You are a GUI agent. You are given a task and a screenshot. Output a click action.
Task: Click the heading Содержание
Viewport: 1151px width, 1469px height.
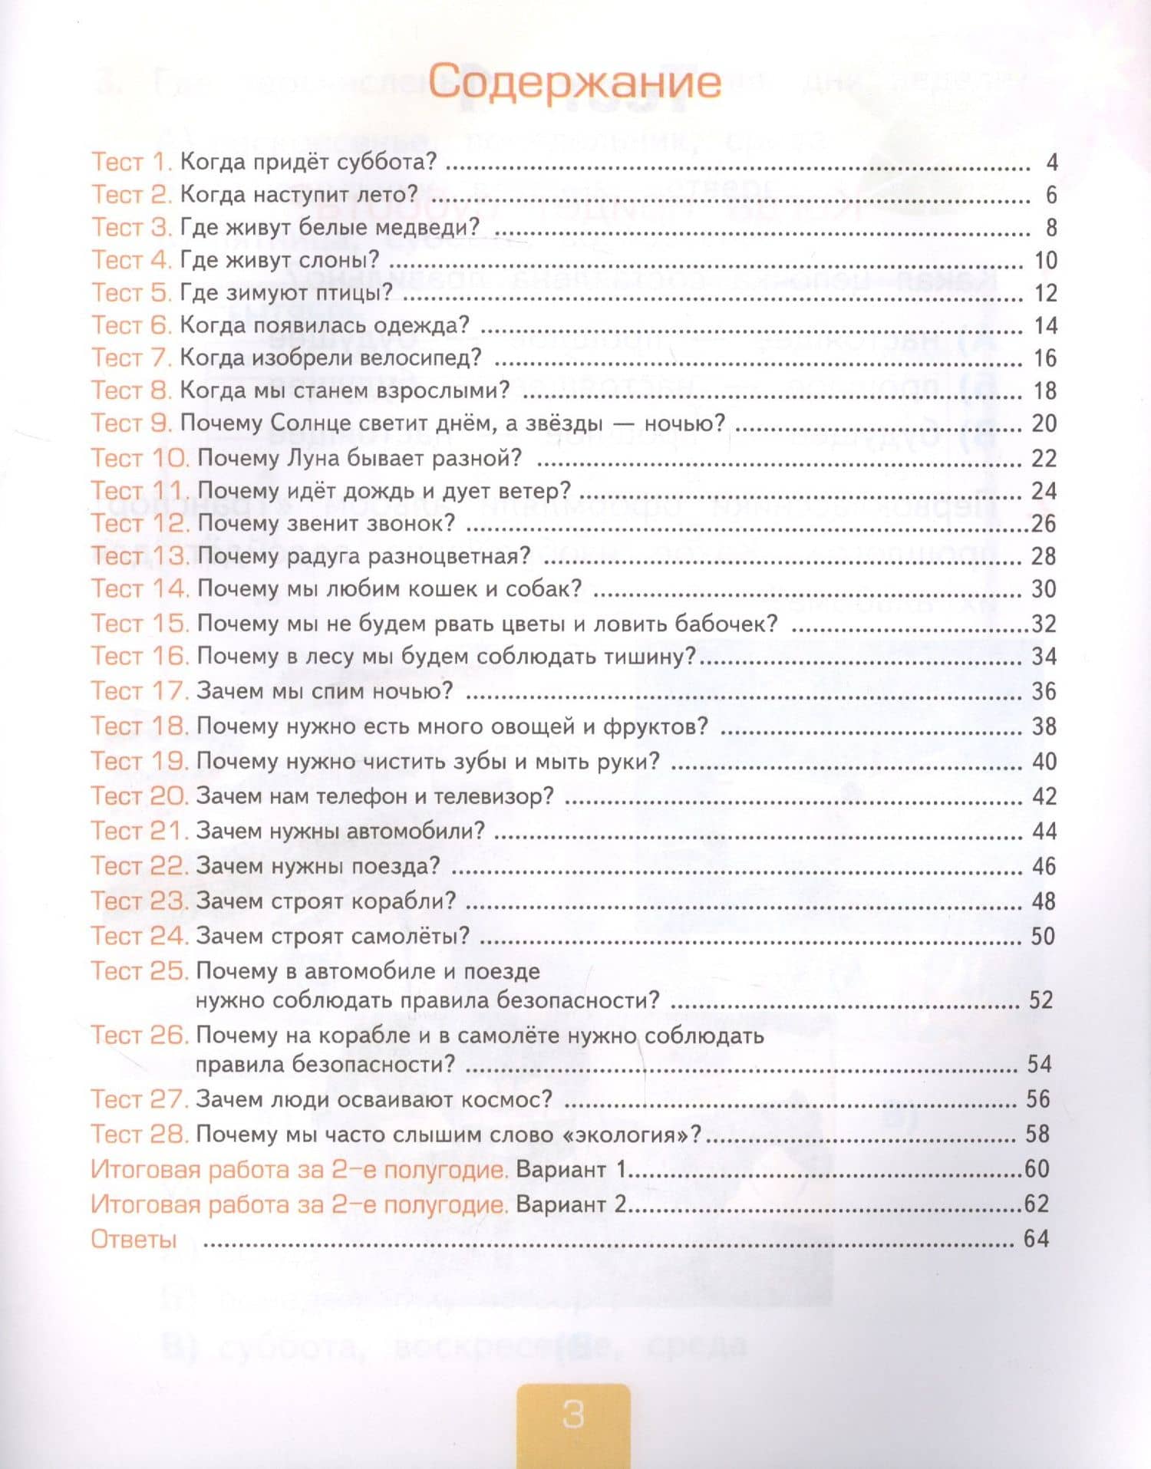tap(574, 82)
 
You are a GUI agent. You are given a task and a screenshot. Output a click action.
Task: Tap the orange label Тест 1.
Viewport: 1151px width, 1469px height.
tap(130, 163)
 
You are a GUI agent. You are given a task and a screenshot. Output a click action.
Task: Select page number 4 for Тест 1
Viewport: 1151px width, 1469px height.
tap(1051, 163)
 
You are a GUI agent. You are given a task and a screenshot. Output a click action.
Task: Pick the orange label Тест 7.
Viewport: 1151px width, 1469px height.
tap(130, 358)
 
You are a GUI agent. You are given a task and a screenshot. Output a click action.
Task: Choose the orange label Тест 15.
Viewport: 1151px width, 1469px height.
tap(139, 623)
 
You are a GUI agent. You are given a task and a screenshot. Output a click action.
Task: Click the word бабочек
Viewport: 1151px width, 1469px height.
tap(726, 624)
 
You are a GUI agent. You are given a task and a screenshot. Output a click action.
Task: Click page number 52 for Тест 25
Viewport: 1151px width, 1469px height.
tap(1041, 1000)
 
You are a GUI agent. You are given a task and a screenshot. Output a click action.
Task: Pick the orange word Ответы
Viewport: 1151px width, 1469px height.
tap(134, 1239)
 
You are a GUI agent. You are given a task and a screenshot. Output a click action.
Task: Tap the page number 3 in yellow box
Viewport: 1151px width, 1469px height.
tap(573, 1415)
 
